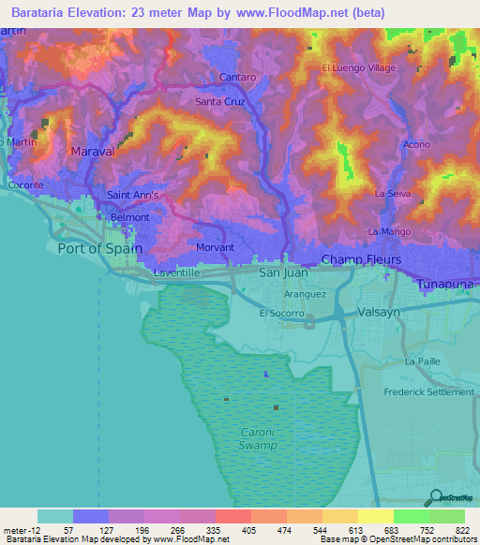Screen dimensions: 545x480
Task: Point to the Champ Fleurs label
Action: (361, 258)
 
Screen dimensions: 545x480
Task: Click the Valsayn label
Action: (382, 317)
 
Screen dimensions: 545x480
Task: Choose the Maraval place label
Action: (92, 150)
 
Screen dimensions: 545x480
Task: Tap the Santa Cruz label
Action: (219, 102)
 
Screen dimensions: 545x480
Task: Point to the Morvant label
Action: (215, 247)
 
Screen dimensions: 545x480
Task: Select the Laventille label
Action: (179, 273)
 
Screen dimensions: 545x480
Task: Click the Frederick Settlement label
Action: (427, 392)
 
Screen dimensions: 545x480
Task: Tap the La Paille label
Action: (422, 361)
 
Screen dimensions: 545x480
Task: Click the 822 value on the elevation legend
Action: (458, 529)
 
